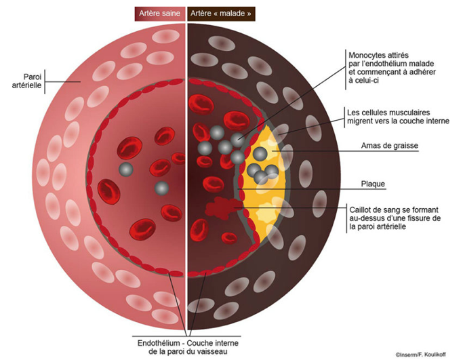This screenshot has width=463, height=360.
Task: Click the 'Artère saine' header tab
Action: click(x=160, y=14)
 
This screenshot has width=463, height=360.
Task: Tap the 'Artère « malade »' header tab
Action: click(x=221, y=14)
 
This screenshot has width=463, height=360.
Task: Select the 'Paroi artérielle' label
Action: click(x=27, y=81)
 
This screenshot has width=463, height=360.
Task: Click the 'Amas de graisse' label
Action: click(x=390, y=146)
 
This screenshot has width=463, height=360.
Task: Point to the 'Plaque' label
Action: click(x=373, y=184)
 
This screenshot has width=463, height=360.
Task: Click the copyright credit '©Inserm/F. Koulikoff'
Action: click(x=420, y=355)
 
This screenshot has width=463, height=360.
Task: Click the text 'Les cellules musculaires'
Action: click(x=388, y=113)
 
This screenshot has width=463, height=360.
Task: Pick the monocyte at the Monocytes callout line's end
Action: click(x=238, y=140)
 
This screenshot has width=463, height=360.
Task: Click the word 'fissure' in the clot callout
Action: click(x=416, y=218)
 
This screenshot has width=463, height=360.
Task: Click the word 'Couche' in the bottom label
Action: click(x=200, y=343)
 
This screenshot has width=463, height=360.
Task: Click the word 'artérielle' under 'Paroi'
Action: click(x=27, y=85)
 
